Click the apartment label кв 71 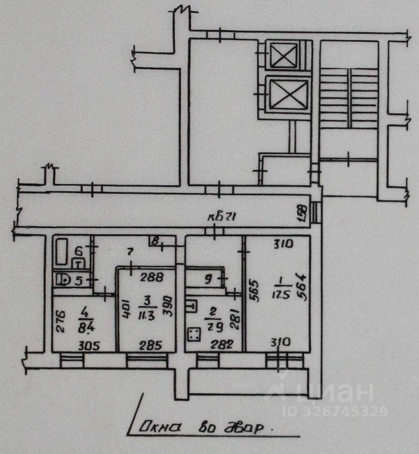(x=217, y=218)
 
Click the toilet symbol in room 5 (x=64, y=278)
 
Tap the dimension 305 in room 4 (x=89, y=346)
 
